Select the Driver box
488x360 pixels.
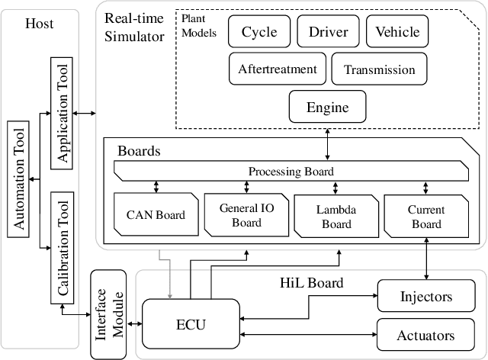click(329, 32)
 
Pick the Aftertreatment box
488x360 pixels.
click(278, 69)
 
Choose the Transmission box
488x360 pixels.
click(379, 69)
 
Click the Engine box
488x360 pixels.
click(327, 106)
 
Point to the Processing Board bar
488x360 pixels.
click(291, 171)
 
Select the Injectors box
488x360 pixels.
click(425, 295)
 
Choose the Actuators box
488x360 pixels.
click(425, 335)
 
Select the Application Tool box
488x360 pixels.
click(64, 112)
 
